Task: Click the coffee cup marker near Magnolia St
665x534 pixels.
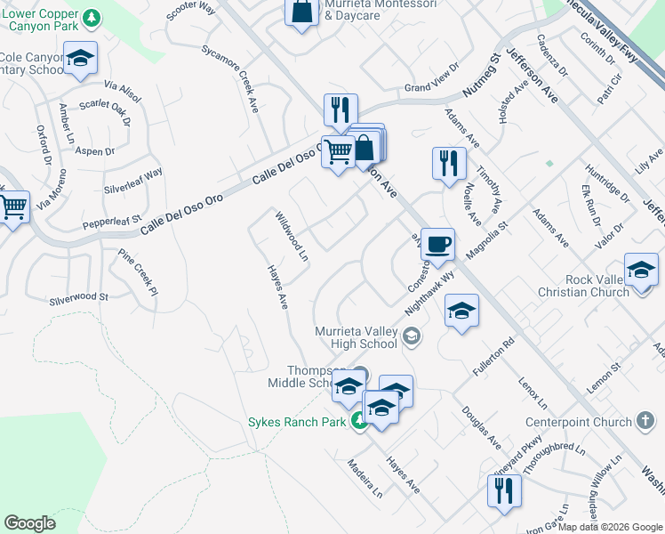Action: pos(437,244)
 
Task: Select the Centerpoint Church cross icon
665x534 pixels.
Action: pos(647,421)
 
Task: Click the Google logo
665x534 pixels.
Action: pos(30,523)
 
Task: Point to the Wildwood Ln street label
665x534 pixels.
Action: pos(291,237)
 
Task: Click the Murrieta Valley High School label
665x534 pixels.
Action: pos(356,337)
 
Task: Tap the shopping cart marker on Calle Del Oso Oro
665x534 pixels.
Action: pos(338,151)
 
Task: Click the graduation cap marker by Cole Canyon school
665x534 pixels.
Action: pos(81,60)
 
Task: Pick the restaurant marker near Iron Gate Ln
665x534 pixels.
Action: pos(504,490)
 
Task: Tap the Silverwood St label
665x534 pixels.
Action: pos(78,297)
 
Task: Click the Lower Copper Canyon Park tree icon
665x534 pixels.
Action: pos(91,17)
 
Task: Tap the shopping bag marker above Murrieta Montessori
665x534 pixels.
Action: pos(302,11)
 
